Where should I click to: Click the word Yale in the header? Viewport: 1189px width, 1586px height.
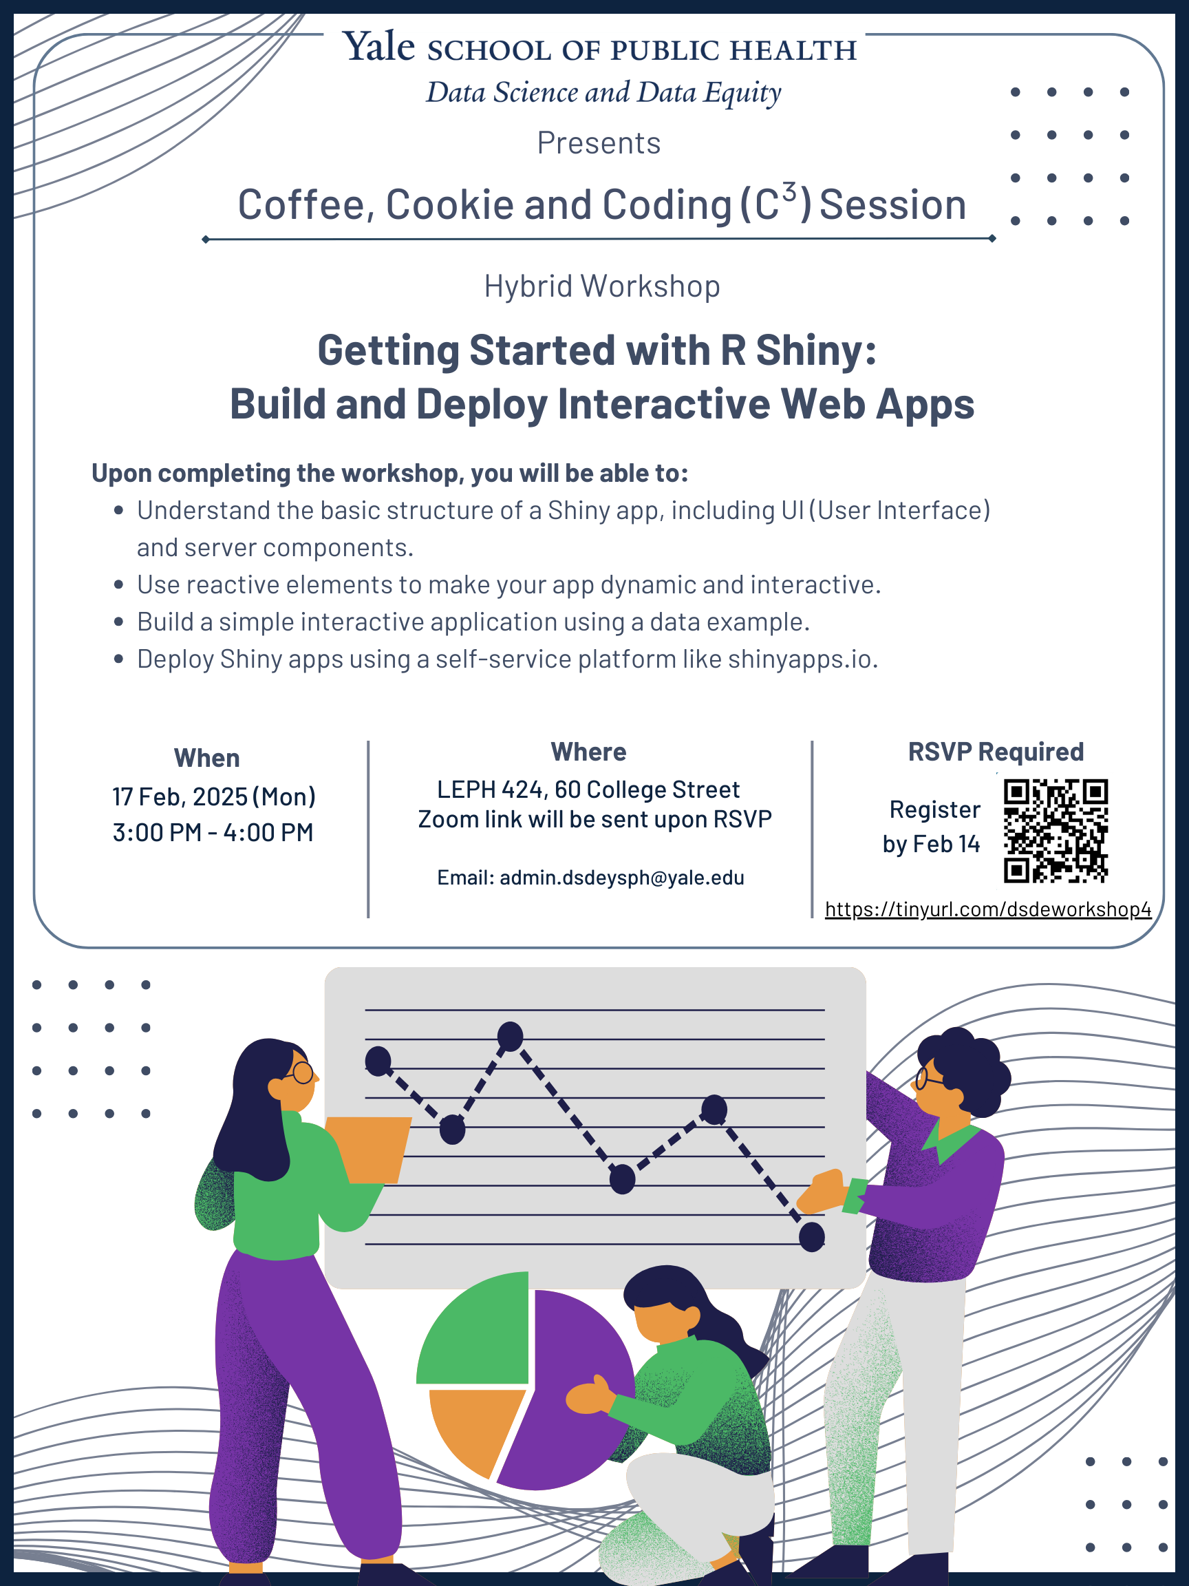(x=378, y=47)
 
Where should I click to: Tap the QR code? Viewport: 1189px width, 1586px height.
(x=1055, y=830)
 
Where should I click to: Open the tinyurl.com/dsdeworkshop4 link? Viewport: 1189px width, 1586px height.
(x=987, y=909)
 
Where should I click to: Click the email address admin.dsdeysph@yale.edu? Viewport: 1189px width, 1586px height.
(x=621, y=878)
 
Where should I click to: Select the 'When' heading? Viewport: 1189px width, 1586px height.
(x=206, y=758)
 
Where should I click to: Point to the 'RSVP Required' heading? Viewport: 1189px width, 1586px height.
(x=995, y=752)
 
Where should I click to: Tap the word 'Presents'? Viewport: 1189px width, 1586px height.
(x=599, y=142)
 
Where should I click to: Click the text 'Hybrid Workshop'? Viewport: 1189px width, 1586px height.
(x=601, y=286)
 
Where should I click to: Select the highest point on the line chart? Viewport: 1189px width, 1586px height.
(x=510, y=1037)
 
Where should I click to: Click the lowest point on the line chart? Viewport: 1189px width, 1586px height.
(x=811, y=1237)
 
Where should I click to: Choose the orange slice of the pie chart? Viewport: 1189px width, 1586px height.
(x=473, y=1427)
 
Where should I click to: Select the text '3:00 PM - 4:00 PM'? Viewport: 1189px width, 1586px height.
(x=213, y=832)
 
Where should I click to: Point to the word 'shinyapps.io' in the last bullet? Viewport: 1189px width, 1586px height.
(x=801, y=659)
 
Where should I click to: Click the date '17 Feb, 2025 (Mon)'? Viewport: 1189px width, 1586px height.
(x=213, y=796)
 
